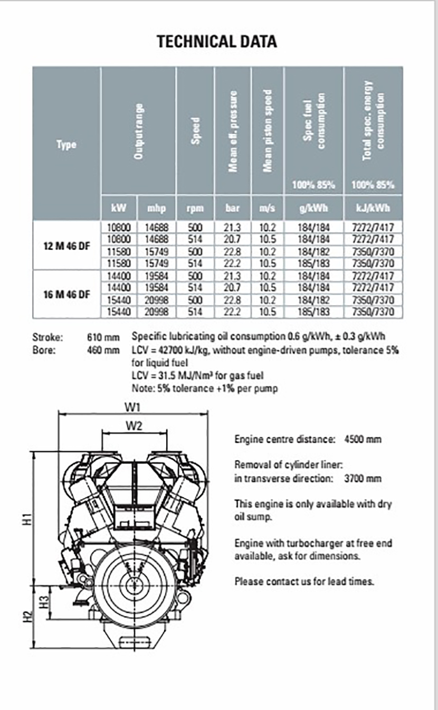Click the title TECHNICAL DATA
coord(216,42)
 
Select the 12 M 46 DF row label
coord(66,245)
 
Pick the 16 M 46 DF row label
coord(66,295)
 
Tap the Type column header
coord(66,144)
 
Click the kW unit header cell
coord(119,208)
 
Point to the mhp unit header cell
coord(156,208)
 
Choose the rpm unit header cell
coord(195,208)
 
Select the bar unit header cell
coord(233,208)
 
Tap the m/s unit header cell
coord(268,208)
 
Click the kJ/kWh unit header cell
coord(373,208)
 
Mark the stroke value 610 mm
coord(103,337)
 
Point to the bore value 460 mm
coord(103,349)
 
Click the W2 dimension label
coord(135,425)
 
